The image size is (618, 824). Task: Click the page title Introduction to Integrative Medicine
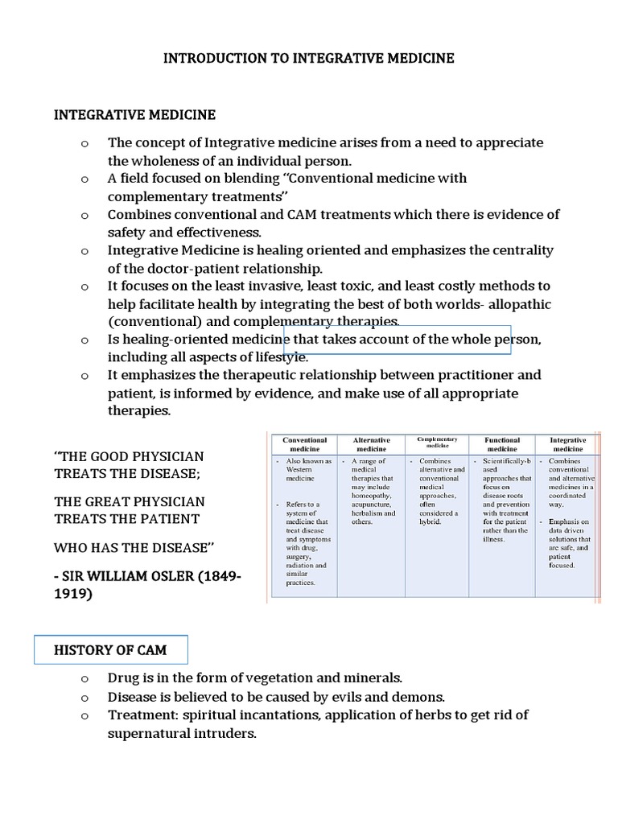309,59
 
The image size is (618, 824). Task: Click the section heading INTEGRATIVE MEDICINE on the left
134,115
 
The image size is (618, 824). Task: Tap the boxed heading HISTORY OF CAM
110,650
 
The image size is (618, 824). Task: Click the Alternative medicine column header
371,445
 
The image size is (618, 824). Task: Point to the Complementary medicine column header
437,442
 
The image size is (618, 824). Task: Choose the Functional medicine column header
501,445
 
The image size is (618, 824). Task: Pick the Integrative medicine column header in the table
567,445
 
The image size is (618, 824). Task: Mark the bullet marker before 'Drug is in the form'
84,679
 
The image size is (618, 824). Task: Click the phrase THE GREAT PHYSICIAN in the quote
130,501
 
